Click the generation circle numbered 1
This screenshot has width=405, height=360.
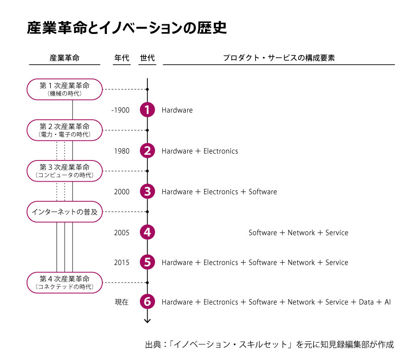tap(147, 110)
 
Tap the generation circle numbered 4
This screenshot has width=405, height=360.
tap(147, 232)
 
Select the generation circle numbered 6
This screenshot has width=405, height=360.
tap(147, 302)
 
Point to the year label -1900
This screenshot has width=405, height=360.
tap(121, 110)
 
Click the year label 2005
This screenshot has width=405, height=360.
tap(122, 233)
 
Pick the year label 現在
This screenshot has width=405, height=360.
tap(122, 302)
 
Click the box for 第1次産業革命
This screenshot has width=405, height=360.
tap(65, 89)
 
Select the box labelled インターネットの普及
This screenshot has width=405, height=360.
tap(65, 211)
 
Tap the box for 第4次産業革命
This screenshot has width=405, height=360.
tap(65, 282)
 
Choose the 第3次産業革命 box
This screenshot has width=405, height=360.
tap(65, 171)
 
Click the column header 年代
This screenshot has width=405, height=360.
tap(122, 58)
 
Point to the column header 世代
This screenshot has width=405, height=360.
tap(147, 58)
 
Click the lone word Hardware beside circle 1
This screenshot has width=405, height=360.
tap(177, 110)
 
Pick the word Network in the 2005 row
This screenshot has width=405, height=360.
tap(301, 233)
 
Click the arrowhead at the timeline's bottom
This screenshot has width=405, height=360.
tap(147, 320)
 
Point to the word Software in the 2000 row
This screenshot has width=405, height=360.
tap(263, 192)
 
